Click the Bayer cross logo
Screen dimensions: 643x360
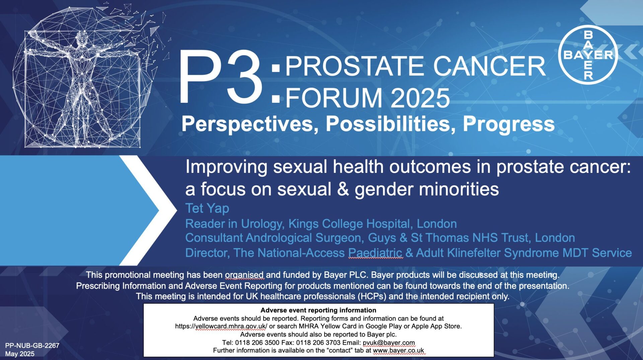(588, 55)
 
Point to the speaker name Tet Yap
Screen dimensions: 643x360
(207, 208)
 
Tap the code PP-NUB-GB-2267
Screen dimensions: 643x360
(32, 346)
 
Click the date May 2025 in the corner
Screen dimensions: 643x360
(20, 354)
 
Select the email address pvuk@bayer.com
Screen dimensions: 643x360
(389, 343)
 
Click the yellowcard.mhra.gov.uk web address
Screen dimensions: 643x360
(221, 326)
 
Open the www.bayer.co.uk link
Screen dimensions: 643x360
(399, 350)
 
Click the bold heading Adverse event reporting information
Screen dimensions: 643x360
(318, 310)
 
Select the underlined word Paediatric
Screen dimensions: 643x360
(375, 253)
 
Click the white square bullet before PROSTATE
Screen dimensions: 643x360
(276, 68)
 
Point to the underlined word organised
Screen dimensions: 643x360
(244, 275)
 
